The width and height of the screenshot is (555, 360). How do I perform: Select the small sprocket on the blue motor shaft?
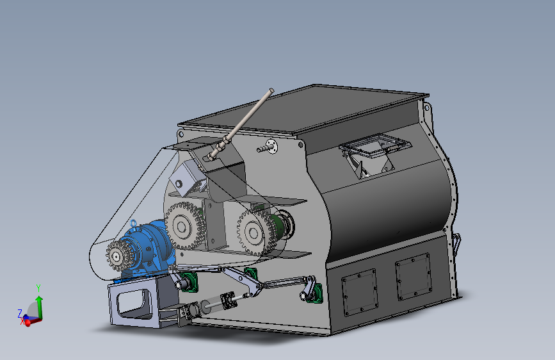(117, 257)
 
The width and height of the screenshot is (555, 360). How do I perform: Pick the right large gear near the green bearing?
(255, 231)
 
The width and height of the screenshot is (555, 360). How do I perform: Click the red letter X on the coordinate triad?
(23, 322)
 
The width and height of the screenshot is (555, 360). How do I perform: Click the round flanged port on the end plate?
(272, 147)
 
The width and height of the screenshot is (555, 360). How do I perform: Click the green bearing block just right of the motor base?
(187, 281)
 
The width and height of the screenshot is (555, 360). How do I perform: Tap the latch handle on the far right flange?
(456, 242)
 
